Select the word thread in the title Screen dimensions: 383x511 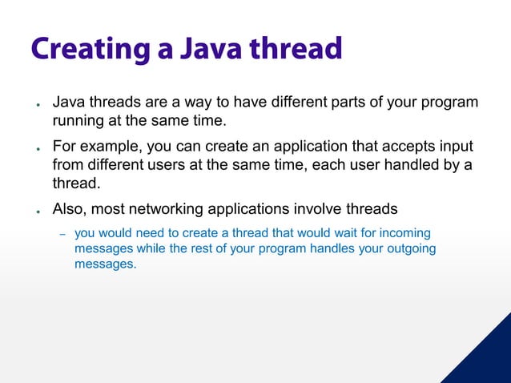(x=296, y=49)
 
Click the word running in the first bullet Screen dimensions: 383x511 (x=78, y=121)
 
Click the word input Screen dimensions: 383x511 (x=454, y=147)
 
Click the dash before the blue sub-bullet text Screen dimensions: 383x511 (x=62, y=234)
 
